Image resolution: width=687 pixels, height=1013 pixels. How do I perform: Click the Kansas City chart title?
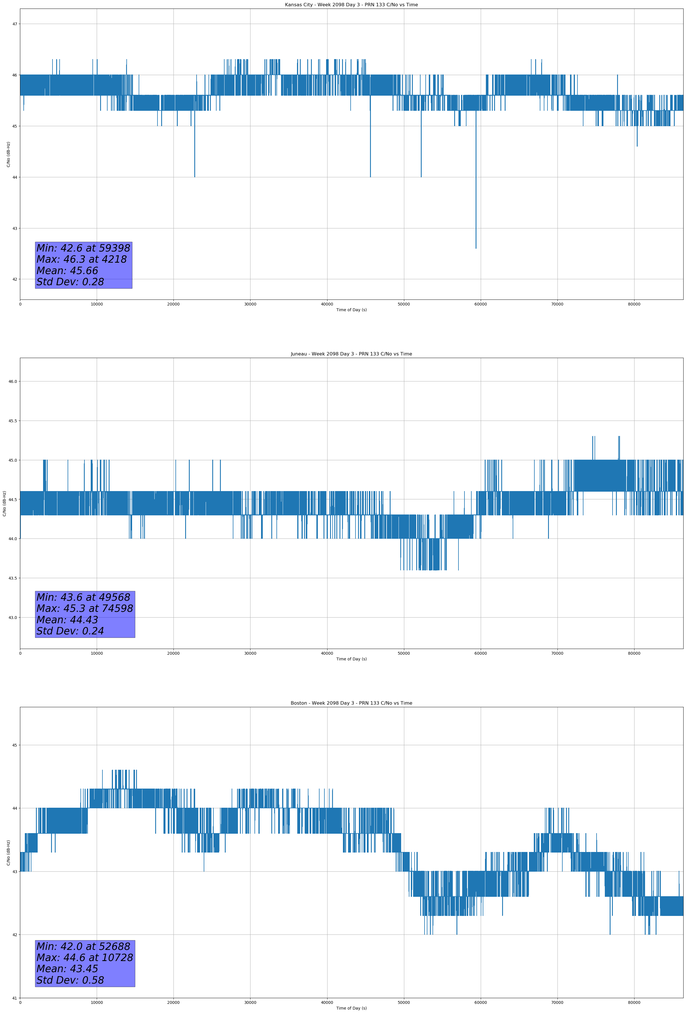(351, 5)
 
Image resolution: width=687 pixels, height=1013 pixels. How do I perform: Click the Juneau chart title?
(351, 354)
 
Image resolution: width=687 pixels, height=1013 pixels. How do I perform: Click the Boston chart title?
(351, 703)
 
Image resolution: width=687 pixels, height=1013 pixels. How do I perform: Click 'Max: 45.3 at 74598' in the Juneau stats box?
(84, 608)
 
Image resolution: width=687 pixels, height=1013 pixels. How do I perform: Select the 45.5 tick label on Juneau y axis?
(12, 421)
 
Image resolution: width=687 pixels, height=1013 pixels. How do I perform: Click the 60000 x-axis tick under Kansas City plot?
(480, 304)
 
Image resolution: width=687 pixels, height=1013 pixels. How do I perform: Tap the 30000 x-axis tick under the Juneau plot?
(250, 653)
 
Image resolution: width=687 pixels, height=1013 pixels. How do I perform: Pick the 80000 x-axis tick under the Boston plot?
(634, 1002)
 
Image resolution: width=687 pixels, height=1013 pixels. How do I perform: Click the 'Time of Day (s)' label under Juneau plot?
(351, 659)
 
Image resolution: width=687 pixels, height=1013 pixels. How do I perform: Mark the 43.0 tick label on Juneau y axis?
(12, 617)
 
